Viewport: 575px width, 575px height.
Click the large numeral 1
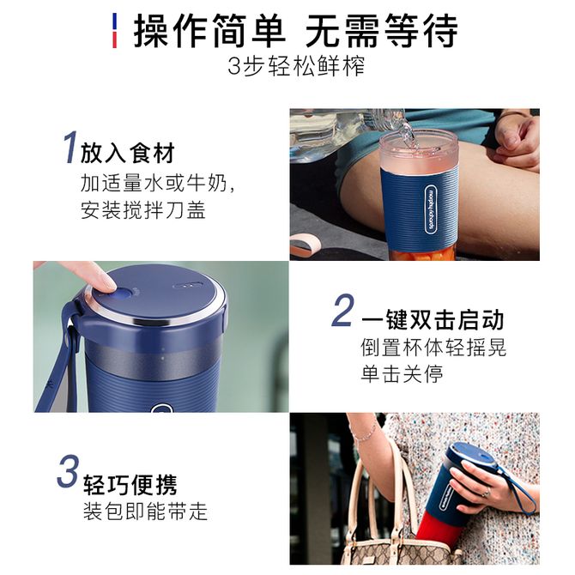pos(70,147)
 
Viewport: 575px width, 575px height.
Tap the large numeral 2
pos(342,310)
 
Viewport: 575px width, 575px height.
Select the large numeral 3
pos(68,471)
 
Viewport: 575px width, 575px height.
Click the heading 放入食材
pos(128,153)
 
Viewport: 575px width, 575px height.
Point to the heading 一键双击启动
pos(433,319)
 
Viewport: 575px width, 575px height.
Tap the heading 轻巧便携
pos(130,485)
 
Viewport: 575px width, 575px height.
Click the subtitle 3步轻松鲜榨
pos(296,66)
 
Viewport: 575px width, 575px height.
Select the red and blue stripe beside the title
pos(114,30)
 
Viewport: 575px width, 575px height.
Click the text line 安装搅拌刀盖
pos(143,210)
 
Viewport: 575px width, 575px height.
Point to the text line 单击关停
pos(402,373)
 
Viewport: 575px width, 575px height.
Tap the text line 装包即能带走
pos(146,511)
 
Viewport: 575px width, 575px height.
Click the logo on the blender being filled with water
pos(432,209)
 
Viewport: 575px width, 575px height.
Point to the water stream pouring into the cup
pos(407,135)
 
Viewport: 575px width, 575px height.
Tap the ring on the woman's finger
pos(486,492)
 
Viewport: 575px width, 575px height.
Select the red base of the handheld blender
pos(433,527)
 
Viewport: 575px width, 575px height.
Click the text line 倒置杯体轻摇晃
pos(433,347)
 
